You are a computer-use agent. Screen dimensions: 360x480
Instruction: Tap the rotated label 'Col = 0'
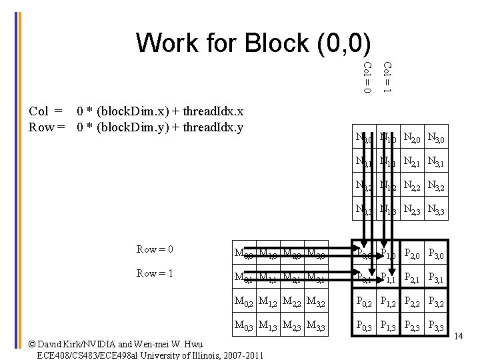click(x=367, y=77)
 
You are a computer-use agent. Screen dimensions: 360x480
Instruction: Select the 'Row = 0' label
click(x=155, y=249)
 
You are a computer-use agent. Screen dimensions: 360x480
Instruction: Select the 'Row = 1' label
click(x=155, y=273)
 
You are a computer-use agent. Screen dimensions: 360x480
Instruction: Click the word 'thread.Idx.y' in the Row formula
click(x=213, y=127)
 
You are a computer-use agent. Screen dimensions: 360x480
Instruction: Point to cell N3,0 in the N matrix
click(x=437, y=139)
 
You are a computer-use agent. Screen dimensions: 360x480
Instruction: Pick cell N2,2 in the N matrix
click(x=413, y=187)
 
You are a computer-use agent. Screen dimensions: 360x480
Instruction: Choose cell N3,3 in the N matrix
click(x=437, y=211)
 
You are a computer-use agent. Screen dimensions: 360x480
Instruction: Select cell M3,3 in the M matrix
click(x=317, y=326)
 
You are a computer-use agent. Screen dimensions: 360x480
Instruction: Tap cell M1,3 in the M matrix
click(x=269, y=326)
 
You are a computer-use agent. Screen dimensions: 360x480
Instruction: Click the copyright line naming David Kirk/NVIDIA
click(x=117, y=344)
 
